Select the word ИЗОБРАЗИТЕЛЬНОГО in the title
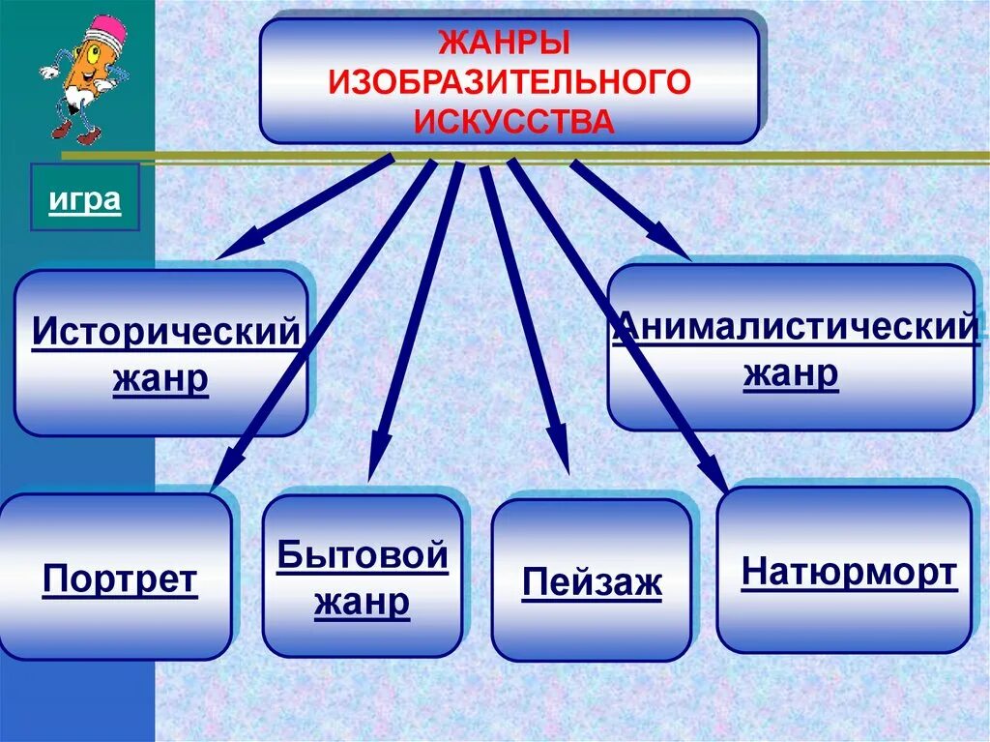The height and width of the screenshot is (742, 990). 510,83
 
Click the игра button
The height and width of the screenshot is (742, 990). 85,200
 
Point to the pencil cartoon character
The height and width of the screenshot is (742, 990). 79,77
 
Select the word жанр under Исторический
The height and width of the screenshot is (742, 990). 160,379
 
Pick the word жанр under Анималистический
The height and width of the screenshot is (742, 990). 791,373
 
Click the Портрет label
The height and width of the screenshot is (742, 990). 120,580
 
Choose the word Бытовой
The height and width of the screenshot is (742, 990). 363,556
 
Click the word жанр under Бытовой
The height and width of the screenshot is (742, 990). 363,602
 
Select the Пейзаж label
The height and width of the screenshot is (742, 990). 592,583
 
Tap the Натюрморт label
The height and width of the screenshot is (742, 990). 849,573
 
